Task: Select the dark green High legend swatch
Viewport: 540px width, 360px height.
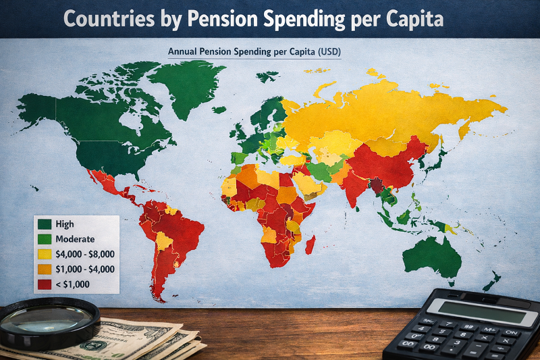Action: (x=46, y=224)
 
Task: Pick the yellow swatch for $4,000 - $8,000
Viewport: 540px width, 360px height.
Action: (x=46, y=255)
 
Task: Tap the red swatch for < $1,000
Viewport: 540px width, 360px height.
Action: (x=46, y=284)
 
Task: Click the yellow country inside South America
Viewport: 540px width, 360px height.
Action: (x=164, y=240)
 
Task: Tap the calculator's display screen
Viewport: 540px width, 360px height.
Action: (x=472, y=310)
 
